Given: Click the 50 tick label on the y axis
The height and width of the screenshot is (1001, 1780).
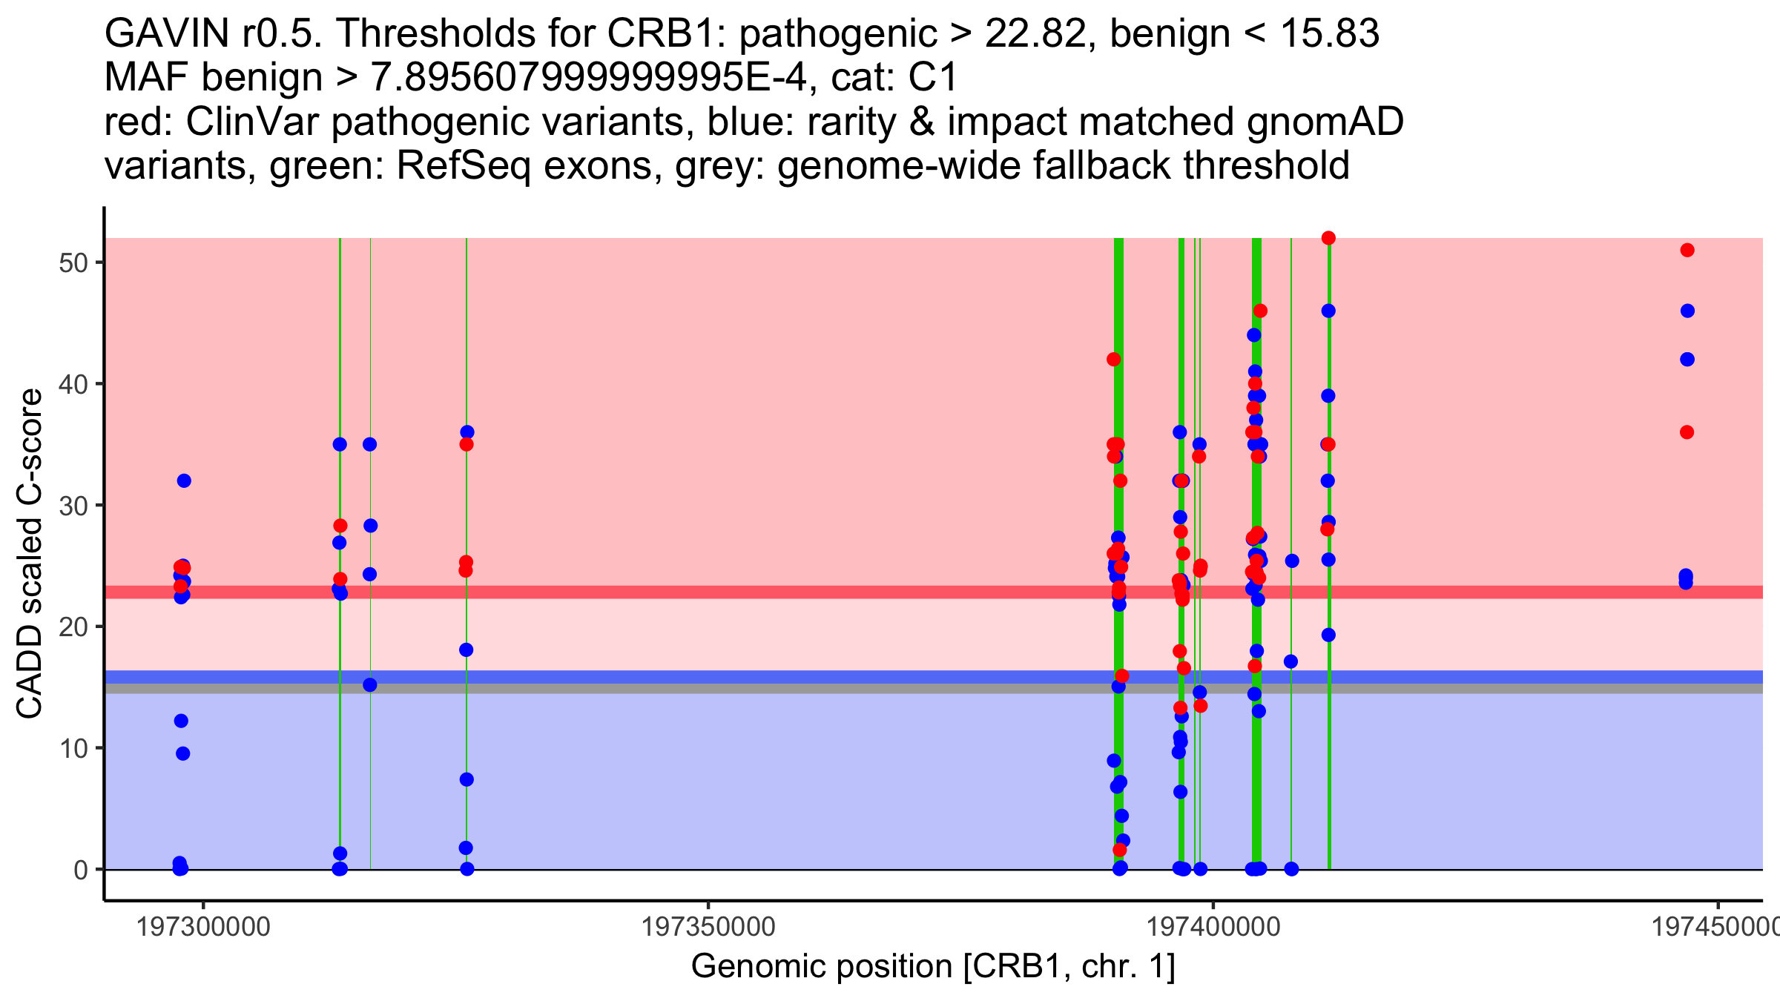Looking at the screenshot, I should click(73, 263).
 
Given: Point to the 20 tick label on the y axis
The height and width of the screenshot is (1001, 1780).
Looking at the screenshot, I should click(73, 627).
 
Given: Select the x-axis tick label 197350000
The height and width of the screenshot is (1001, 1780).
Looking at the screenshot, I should click(708, 927).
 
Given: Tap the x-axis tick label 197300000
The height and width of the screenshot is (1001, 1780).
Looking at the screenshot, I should click(204, 927).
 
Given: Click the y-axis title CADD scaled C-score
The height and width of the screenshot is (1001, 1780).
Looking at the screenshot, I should click(30, 554).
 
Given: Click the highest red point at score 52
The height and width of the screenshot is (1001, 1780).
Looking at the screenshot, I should click(1328, 238).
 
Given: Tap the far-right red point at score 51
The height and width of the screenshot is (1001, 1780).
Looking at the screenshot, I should click(1687, 251).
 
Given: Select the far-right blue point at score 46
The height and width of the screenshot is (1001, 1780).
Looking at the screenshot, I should click(1687, 311).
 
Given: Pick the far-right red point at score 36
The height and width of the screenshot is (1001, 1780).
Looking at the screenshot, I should click(1687, 432).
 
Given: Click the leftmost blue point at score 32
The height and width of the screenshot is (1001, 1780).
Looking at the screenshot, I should click(184, 481).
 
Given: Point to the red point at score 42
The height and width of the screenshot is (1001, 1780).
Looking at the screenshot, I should click(1114, 360).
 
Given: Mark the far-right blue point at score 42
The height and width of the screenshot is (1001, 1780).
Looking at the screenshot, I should click(1687, 360).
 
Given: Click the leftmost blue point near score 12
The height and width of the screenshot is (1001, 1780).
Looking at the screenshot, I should click(181, 721).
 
